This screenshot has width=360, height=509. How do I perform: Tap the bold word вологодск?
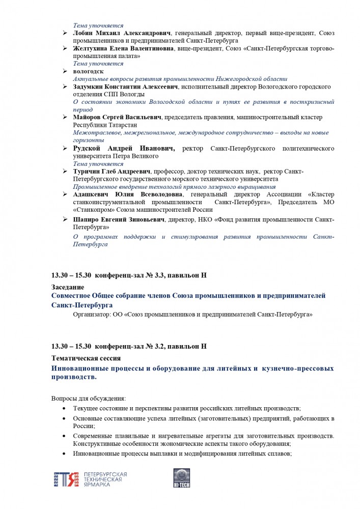pyautogui.click(x=88, y=72)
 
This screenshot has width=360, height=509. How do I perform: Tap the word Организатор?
pyautogui.click(x=91, y=315)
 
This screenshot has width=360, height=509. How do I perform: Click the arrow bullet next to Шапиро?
pyautogui.click(x=65, y=219)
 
